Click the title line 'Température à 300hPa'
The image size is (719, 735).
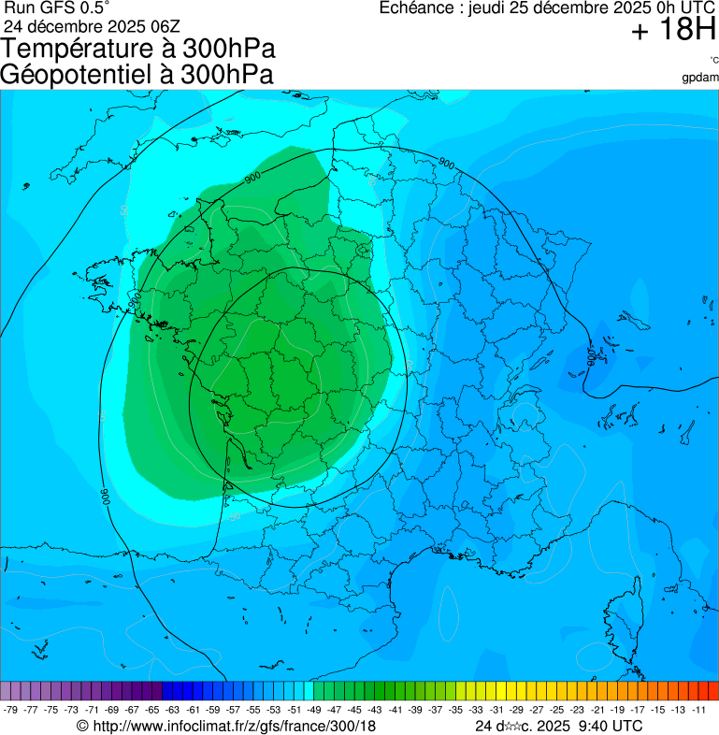(138, 49)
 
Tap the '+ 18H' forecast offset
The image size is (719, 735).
(672, 30)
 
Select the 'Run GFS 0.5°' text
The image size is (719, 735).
(57, 7)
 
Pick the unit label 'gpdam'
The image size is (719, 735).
(700, 77)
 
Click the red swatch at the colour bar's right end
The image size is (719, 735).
(713, 691)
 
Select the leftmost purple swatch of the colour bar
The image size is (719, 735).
(6, 691)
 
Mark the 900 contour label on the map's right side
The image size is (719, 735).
(591, 356)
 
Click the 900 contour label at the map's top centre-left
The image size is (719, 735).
(252, 178)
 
